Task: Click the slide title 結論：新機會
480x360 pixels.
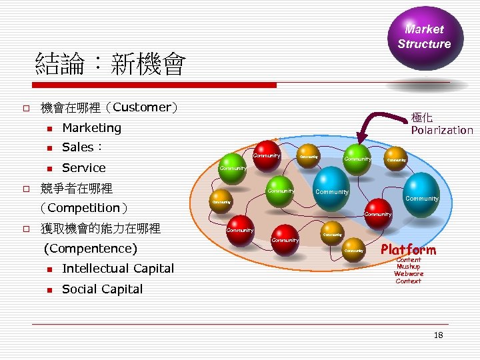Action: point(110,65)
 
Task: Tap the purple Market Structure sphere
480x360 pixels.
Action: point(425,37)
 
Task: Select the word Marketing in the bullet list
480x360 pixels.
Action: point(91,127)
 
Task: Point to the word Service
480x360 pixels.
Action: point(83,168)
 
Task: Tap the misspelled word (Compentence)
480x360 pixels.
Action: point(90,249)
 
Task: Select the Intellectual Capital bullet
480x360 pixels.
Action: point(117,269)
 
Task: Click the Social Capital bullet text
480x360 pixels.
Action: point(102,289)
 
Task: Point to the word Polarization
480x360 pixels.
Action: point(441,130)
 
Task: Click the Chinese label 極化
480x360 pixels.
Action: point(422,117)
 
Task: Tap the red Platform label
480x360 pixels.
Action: point(408,250)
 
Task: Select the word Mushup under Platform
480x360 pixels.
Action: point(408,267)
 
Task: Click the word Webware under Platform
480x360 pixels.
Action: point(408,274)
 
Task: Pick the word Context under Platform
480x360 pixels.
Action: point(408,281)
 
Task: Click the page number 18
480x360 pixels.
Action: point(438,335)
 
